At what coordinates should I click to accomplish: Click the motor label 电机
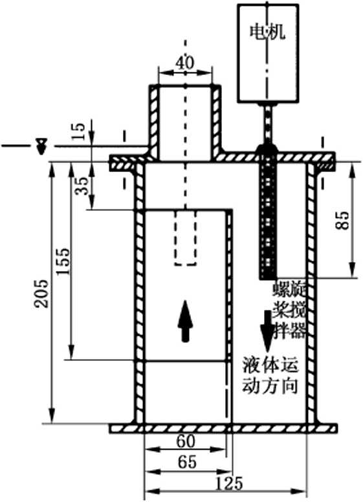[267, 32]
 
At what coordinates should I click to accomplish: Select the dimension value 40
[184, 63]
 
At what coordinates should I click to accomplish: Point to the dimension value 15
[78, 131]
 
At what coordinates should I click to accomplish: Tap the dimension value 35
[82, 186]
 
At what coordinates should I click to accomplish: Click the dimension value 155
[63, 261]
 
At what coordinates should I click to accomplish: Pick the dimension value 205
[41, 294]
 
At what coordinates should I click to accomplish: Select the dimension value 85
[342, 220]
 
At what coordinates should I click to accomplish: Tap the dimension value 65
[187, 462]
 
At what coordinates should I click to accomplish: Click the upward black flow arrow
[185, 321]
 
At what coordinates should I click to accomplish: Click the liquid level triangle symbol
[41, 146]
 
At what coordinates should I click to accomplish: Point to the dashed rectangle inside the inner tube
[185, 237]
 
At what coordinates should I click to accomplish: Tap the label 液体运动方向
[270, 375]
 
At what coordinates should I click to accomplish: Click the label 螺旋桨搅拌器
[289, 310]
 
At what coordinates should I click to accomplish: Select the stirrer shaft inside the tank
[268, 221]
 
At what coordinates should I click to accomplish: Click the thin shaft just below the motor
[268, 124]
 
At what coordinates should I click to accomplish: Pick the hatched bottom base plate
[223, 428]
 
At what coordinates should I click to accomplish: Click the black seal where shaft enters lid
[268, 149]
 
